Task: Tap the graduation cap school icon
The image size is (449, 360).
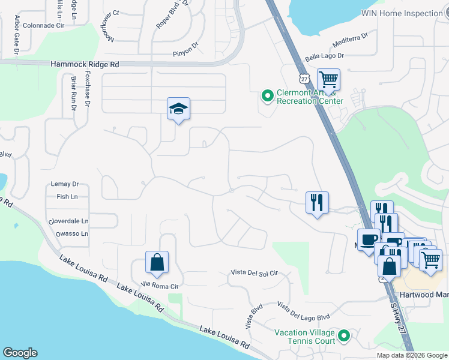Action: tap(178, 109)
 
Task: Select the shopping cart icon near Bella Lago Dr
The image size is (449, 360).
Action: tap(328, 80)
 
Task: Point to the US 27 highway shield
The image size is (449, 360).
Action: tap(304, 79)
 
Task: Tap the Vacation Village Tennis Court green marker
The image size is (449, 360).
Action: tap(344, 336)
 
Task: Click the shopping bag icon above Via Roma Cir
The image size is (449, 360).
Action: tap(157, 262)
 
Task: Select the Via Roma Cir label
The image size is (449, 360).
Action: tap(160, 286)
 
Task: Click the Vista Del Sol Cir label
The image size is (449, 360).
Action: tap(255, 273)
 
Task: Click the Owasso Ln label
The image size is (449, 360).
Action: tap(71, 233)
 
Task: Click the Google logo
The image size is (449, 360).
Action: tap(20, 353)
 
